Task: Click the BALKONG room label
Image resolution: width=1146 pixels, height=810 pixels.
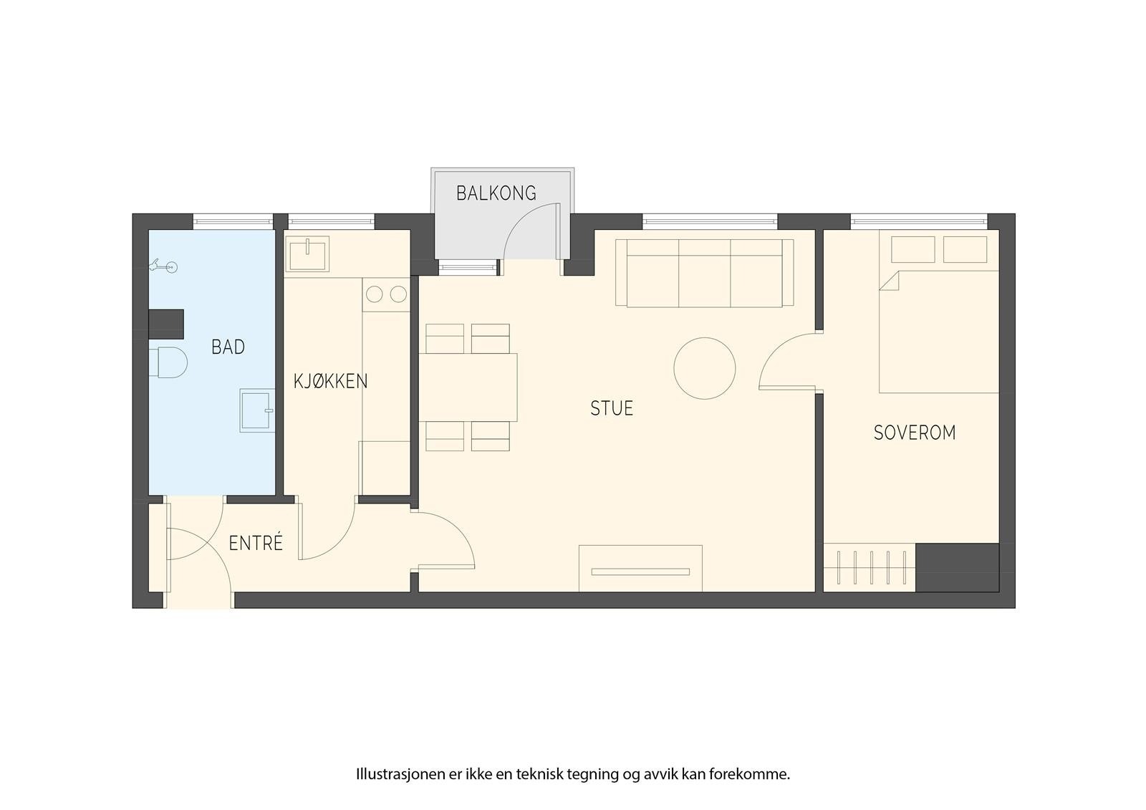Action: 496,193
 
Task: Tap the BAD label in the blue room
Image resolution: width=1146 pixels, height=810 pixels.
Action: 228,347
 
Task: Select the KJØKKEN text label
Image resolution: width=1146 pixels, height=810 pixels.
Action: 330,381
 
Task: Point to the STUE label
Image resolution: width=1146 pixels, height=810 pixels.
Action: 612,408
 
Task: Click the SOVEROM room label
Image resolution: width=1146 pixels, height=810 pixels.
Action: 915,433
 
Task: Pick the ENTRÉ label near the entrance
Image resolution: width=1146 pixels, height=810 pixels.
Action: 255,543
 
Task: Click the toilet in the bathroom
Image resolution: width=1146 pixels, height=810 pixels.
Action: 168,362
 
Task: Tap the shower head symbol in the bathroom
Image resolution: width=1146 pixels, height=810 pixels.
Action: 163,266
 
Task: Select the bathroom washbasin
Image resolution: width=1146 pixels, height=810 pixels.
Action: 257,410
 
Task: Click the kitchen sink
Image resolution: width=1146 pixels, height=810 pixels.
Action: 307,254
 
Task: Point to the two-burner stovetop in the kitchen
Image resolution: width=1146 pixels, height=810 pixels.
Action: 386,294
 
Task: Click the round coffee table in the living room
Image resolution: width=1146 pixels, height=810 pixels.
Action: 705,368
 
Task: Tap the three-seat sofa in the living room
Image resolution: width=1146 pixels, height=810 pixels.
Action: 705,273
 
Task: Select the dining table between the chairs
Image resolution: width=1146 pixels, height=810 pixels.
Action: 468,387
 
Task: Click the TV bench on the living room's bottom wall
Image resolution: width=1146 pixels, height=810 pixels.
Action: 640,569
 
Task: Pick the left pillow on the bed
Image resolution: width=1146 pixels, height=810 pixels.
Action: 913,249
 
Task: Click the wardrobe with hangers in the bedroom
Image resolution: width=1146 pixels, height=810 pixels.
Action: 870,567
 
